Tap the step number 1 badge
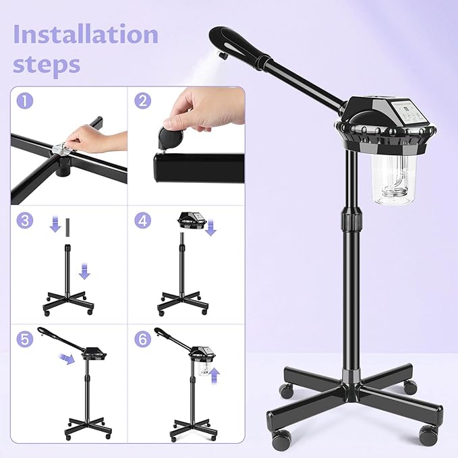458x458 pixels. click(x=24, y=101)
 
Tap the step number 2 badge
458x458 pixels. click(x=142, y=101)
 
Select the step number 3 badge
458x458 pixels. click(x=24, y=221)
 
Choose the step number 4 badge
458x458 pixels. click(x=142, y=221)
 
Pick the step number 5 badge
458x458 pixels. click(x=24, y=339)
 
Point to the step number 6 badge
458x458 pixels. click(x=142, y=339)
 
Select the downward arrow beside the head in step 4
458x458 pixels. click(x=210, y=230)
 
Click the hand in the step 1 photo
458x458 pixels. click(x=101, y=138)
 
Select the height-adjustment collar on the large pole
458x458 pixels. click(x=351, y=221)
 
